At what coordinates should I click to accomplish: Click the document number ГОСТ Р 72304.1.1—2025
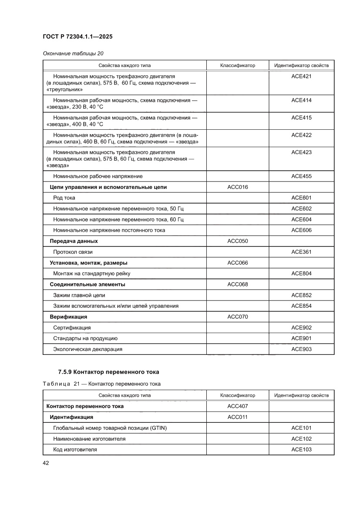click(77, 37)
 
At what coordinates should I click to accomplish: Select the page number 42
click(46, 463)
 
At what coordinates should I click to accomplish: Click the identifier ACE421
click(301, 76)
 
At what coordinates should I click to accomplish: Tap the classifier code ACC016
click(238, 187)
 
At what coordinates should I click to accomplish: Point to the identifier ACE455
click(301, 176)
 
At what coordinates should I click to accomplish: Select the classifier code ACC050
click(238, 241)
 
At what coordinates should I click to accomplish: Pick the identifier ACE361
click(301, 252)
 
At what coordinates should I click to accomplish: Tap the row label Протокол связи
click(73, 252)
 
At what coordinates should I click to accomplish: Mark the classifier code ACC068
click(238, 284)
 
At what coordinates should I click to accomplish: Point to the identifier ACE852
click(301, 295)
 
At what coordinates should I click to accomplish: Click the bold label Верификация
click(68, 317)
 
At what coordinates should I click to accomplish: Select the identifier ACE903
click(301, 349)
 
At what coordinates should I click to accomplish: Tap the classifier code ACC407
click(238, 406)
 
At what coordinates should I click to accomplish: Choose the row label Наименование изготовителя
click(89, 439)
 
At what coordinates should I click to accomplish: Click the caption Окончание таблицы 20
click(73, 54)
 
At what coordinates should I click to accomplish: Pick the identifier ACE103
click(301, 449)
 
